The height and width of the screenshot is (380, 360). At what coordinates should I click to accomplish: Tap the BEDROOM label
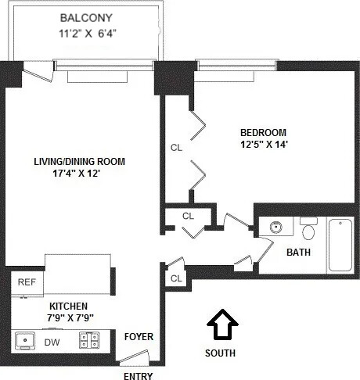click(263, 132)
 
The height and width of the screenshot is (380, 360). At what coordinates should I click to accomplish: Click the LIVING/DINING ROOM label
click(79, 162)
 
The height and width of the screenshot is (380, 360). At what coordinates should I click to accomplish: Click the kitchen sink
click(26, 341)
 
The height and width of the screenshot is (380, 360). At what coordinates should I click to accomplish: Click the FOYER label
click(139, 337)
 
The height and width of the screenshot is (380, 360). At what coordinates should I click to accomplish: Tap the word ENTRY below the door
click(139, 375)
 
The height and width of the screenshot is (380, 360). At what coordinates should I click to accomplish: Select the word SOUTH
click(221, 353)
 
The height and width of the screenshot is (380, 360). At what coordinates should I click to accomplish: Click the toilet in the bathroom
click(308, 230)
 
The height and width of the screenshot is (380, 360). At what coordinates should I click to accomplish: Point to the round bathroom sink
click(275, 228)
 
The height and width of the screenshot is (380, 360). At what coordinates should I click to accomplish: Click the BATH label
click(298, 253)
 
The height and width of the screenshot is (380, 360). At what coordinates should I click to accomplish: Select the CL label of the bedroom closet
click(176, 147)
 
